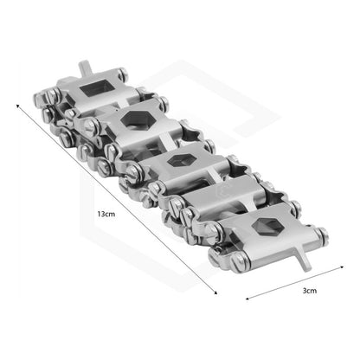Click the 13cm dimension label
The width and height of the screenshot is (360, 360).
coord(106,214)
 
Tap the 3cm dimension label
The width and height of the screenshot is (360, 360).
coord(310,291)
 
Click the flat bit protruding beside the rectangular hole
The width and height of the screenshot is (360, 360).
coord(86,68)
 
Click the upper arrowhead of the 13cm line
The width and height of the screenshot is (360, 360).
coord(18,106)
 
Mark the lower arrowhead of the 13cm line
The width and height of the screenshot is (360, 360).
coord(215,292)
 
